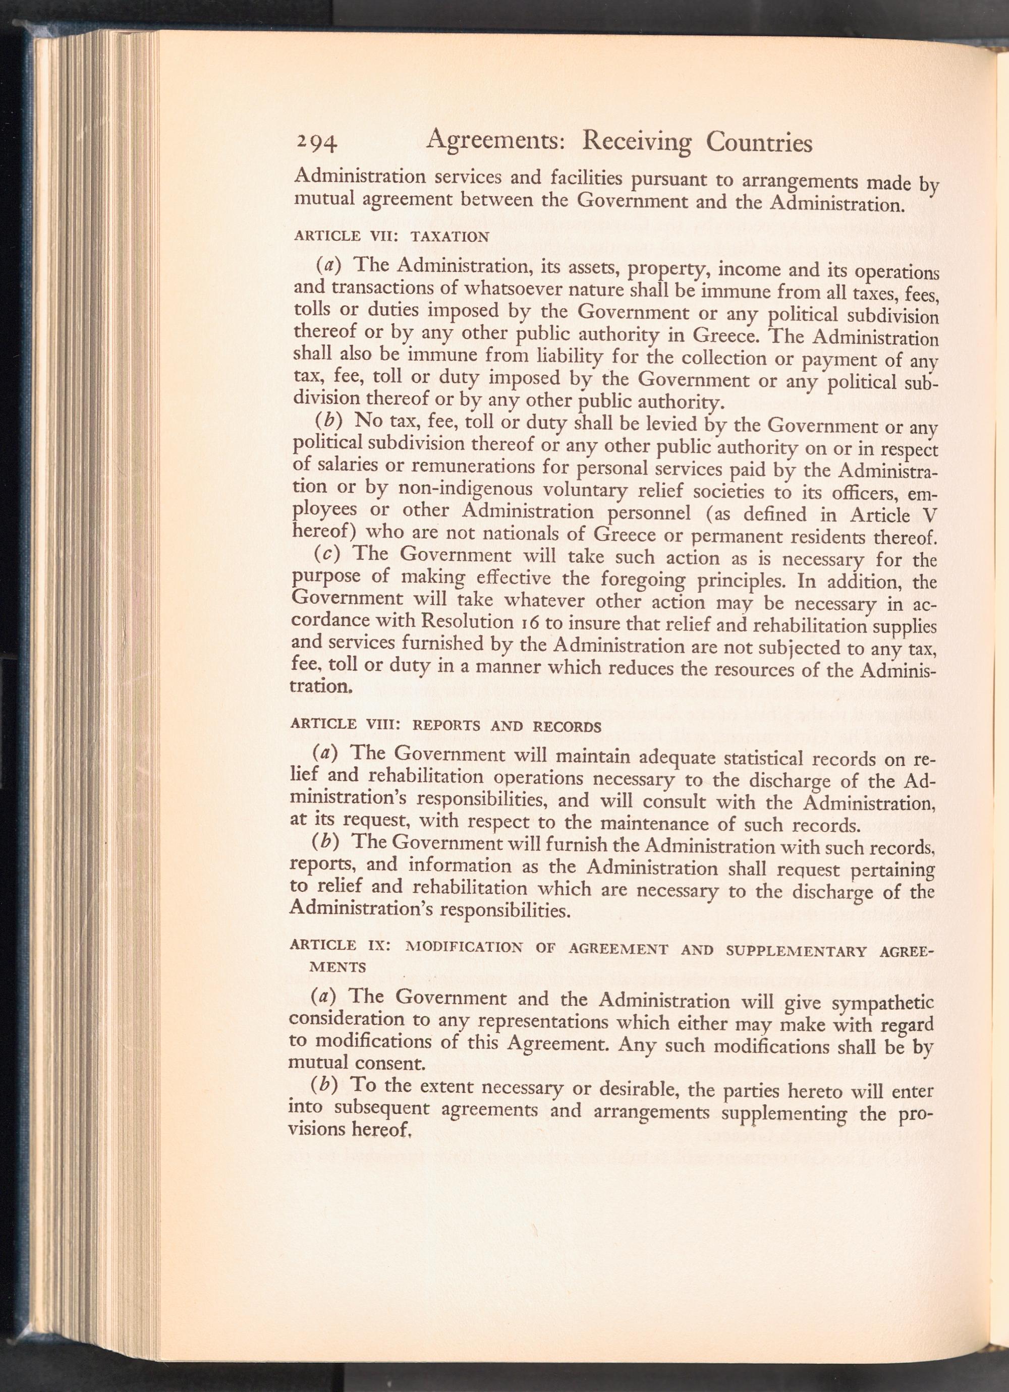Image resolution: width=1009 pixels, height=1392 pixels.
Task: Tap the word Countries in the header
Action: (x=759, y=144)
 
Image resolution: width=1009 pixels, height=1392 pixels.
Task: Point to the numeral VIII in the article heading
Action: (x=383, y=724)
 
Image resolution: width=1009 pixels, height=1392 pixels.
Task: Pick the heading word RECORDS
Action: (x=567, y=727)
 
